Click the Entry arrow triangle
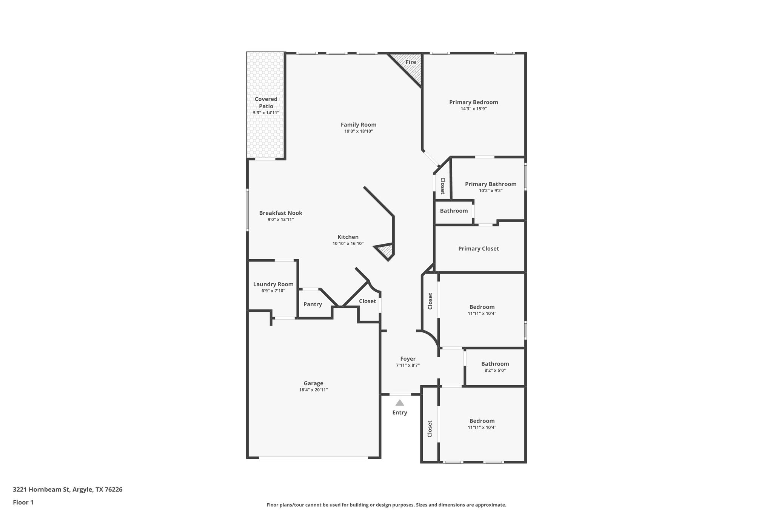[x=400, y=403]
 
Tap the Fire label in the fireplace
[x=411, y=62]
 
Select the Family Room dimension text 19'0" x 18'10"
[x=359, y=131]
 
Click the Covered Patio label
[x=266, y=103]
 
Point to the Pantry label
[x=313, y=304]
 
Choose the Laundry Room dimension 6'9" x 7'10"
[x=273, y=291]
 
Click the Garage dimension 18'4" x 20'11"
[x=313, y=390]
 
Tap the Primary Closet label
[x=479, y=249]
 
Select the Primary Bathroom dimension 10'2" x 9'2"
[x=491, y=191]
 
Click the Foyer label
[x=408, y=359]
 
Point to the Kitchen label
[x=348, y=237]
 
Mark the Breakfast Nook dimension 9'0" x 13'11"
[x=280, y=220]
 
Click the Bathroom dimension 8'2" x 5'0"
[x=495, y=370]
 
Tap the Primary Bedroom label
[x=473, y=102]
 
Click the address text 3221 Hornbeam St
[x=42, y=489]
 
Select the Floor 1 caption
[x=23, y=502]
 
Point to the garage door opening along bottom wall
[x=313, y=458]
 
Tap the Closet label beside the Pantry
[x=367, y=301]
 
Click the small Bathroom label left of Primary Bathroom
[x=454, y=211]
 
